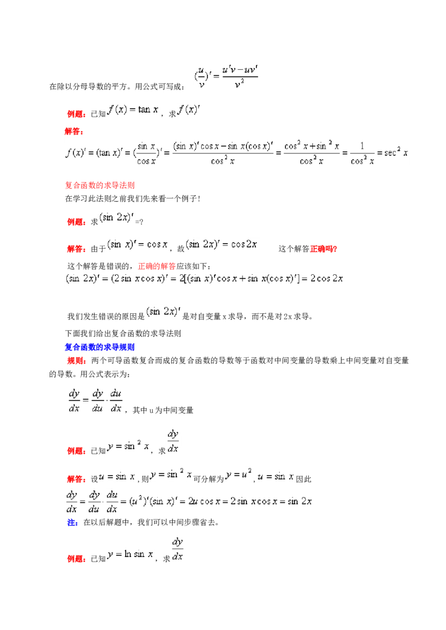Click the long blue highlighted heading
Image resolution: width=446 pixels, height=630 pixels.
click(100, 347)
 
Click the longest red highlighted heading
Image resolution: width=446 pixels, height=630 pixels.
click(100, 186)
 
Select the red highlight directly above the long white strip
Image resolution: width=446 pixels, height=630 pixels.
click(158, 266)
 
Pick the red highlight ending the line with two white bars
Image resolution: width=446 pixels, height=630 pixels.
click(323, 249)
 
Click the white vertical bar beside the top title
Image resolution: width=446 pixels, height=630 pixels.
click(194, 78)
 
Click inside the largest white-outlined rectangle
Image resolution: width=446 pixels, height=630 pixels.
click(236, 151)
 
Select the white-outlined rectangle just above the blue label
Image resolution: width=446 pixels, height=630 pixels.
click(190, 502)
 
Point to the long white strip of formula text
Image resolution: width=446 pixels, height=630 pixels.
click(205, 280)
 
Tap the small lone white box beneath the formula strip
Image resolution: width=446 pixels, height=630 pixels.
click(163, 312)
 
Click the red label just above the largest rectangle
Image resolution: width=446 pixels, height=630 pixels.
click(74, 132)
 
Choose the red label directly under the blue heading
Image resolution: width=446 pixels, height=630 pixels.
click(77, 361)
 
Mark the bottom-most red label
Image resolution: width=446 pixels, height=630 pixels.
click(77, 559)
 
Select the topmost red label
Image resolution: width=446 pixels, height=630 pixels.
click(77, 114)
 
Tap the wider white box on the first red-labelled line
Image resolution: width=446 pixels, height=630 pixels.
click(134, 112)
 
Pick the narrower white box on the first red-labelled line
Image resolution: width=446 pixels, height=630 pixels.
click(190, 112)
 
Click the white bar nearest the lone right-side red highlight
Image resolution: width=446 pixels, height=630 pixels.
click(223, 245)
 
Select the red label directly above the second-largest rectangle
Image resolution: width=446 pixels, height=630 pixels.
click(77, 479)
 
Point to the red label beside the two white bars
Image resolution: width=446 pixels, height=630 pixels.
click(77, 249)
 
